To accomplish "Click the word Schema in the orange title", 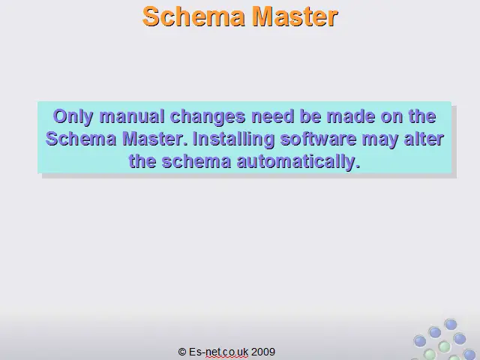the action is click(x=193, y=16).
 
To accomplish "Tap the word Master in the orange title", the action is click(x=295, y=16).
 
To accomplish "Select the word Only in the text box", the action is click(x=73, y=117).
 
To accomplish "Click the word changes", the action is click(x=208, y=117).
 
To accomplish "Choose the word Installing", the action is click(x=234, y=139).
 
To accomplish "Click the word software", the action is click(x=318, y=139).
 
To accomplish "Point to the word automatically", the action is click(x=298, y=162).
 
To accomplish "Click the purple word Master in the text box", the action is click(x=156, y=139).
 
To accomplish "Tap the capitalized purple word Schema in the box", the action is click(x=81, y=139).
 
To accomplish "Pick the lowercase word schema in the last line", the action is click(x=196, y=161).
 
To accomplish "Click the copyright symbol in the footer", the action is click(x=182, y=352).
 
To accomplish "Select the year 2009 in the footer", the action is click(x=263, y=352).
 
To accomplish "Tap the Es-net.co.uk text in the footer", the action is click(x=218, y=352).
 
